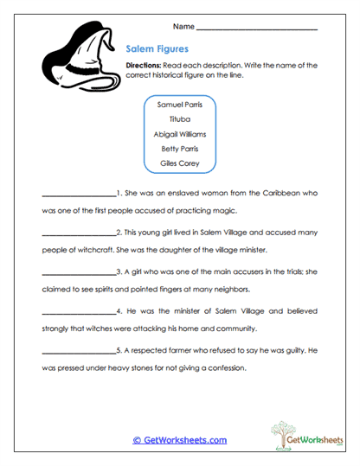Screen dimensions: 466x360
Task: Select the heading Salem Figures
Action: pos(157,50)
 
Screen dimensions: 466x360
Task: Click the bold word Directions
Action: pos(143,66)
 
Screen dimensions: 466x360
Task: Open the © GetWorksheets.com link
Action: pos(179,440)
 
